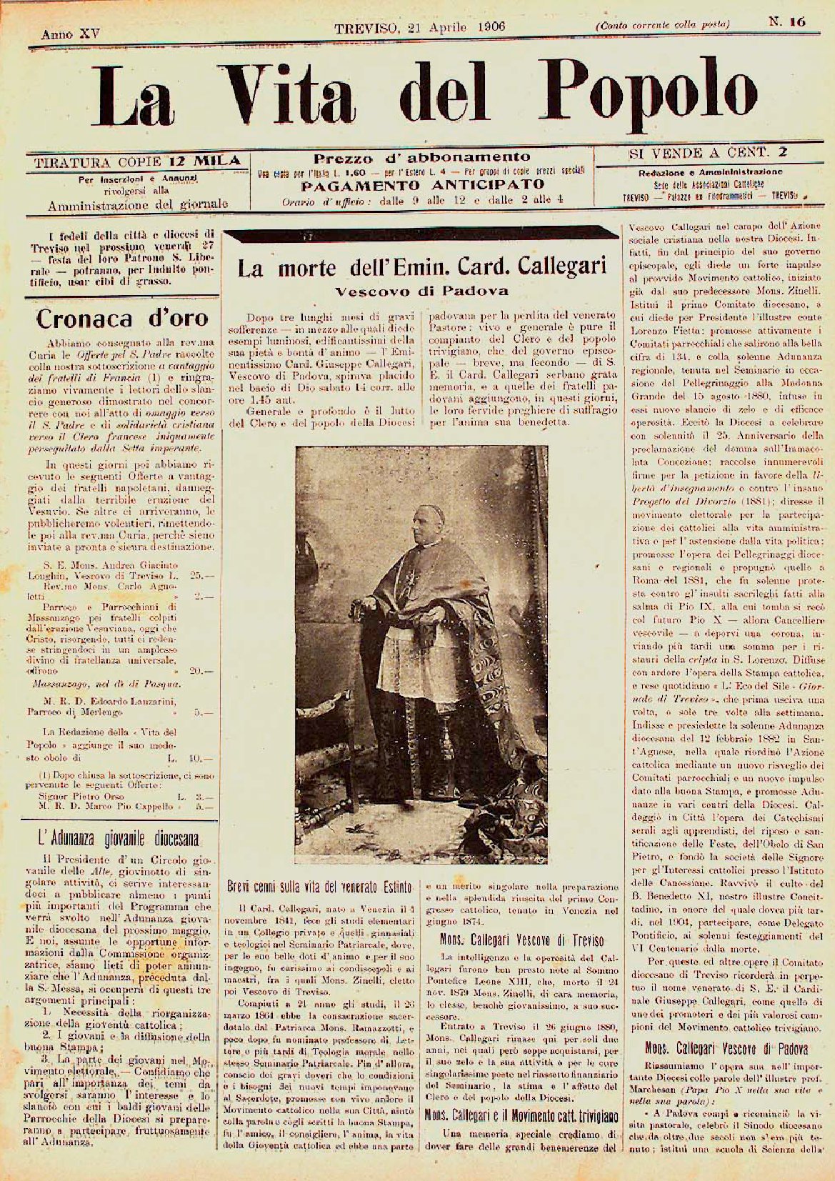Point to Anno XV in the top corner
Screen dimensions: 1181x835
coord(61,33)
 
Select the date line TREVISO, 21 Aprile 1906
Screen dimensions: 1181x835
coord(420,27)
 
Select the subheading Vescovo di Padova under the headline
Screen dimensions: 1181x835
coord(421,291)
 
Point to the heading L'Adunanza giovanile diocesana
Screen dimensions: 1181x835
coord(119,837)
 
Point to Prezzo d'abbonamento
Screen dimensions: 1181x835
coord(421,156)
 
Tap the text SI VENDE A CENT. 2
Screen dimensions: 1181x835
coord(707,152)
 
